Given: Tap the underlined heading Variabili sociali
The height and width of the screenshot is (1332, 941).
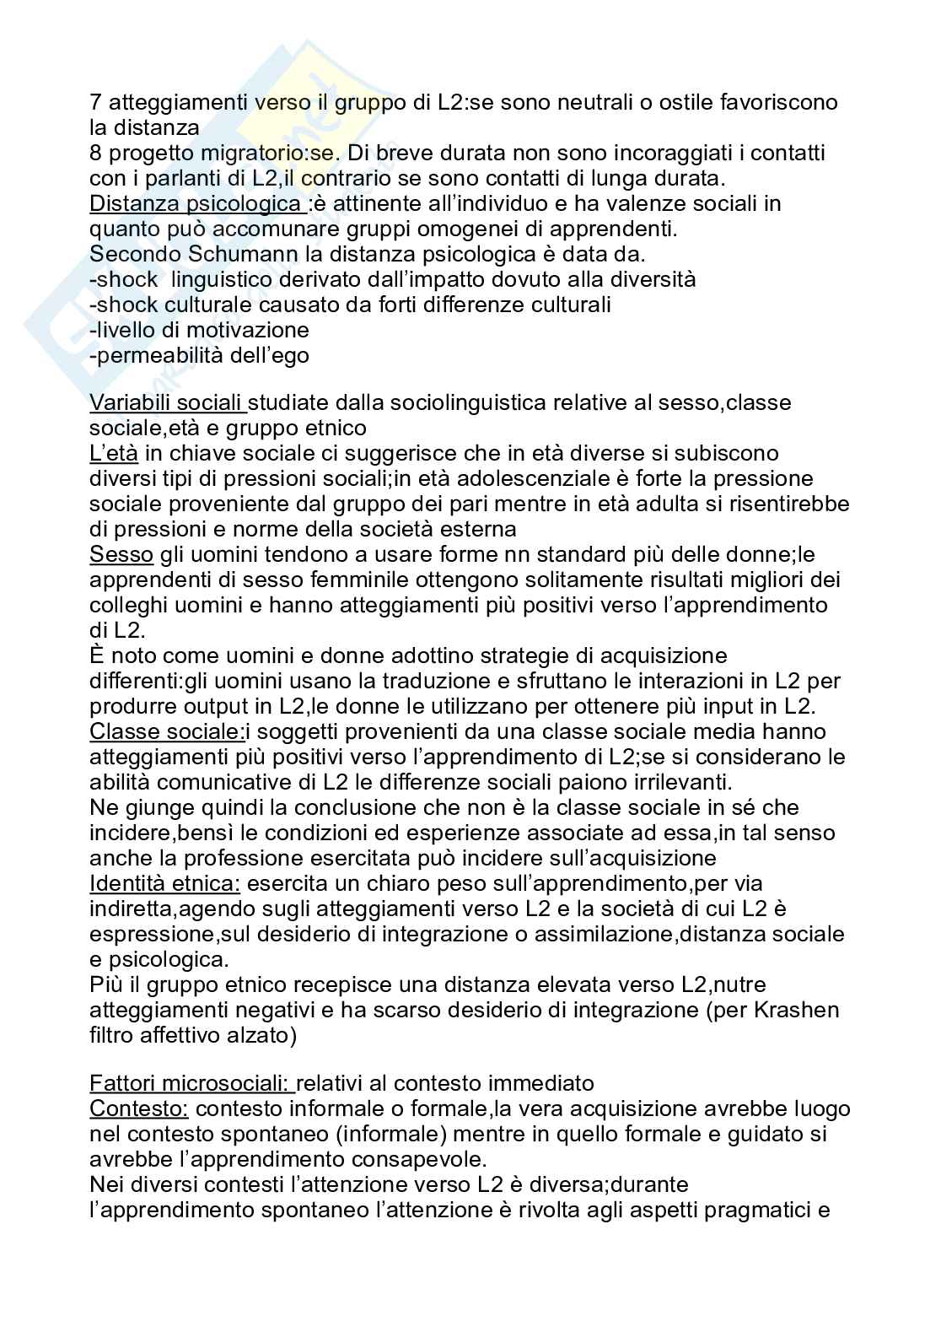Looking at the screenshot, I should [167, 403].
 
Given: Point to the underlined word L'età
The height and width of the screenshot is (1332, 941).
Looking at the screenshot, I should [113, 454].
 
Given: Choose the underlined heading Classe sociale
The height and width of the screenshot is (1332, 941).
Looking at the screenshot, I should [167, 731].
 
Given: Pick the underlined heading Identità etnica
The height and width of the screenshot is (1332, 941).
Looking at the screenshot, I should [164, 883].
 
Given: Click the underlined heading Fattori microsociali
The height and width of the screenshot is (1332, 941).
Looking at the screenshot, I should [191, 1083].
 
